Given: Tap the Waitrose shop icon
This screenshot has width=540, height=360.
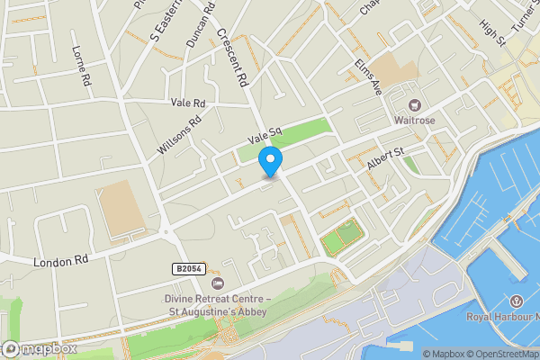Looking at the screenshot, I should [415, 103].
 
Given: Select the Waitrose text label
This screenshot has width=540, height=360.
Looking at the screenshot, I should [415, 121].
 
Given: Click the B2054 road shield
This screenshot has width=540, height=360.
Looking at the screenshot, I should [186, 268].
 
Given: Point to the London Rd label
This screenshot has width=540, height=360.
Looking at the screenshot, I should [62, 261].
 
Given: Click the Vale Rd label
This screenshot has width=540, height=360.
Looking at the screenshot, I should [188, 103].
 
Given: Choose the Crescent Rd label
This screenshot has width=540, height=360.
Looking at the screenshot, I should [232, 57].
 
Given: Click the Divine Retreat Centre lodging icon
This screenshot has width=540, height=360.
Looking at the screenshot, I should [216, 283].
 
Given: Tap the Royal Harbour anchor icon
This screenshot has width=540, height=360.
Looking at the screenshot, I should [517, 301].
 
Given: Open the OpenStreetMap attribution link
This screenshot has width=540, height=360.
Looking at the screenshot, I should [495, 354].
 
